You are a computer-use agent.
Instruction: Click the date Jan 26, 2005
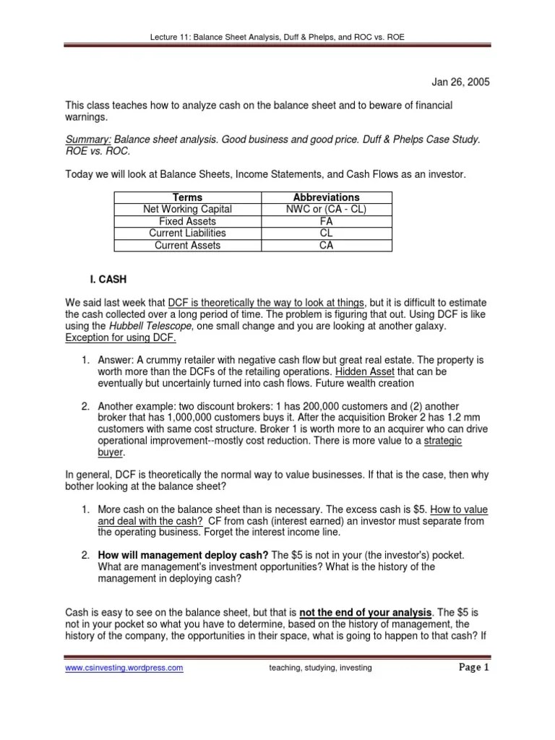(461, 82)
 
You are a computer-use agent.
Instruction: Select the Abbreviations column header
(326, 197)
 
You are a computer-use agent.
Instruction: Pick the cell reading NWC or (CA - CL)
(326, 209)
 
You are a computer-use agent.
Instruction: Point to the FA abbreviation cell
(326, 221)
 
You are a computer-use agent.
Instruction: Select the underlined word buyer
(111, 452)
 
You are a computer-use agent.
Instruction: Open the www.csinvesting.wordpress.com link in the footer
(124, 668)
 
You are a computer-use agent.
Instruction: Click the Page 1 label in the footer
(474, 668)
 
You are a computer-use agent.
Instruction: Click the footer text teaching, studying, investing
(319, 668)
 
